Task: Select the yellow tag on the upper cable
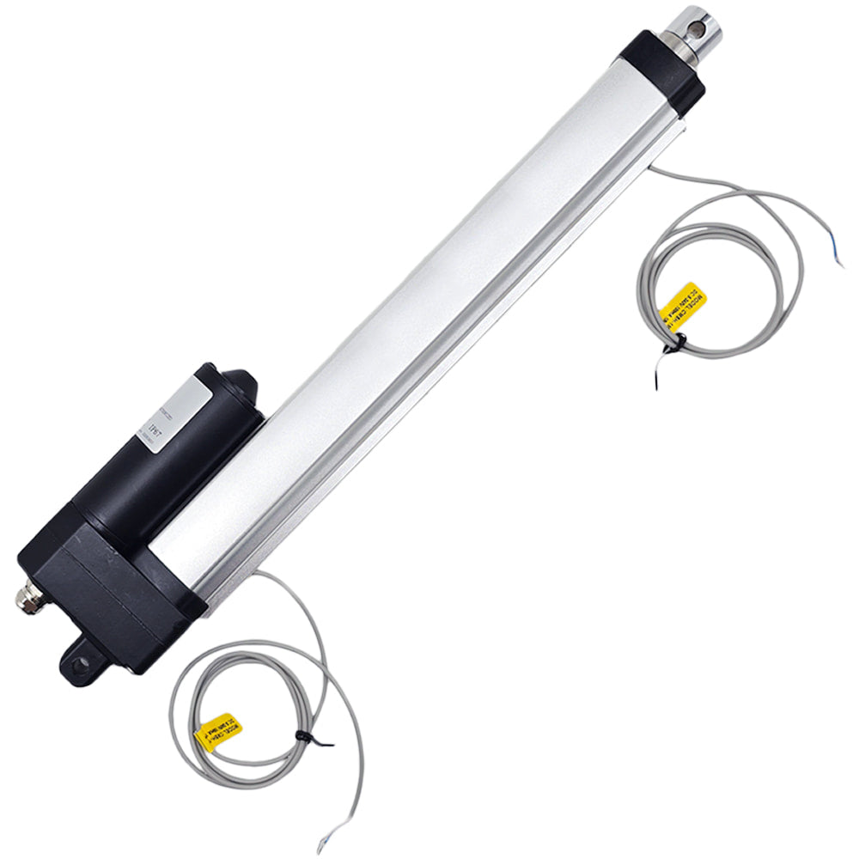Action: pos(684,302)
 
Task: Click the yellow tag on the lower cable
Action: pos(218,731)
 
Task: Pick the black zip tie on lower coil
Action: pos(302,739)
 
